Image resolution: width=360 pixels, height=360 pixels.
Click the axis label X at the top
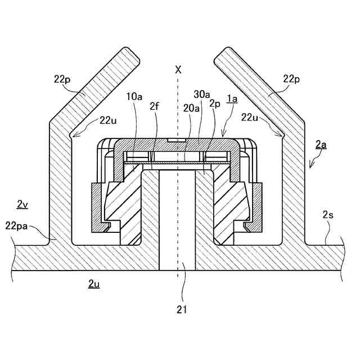178,70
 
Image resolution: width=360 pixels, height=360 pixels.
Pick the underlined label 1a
232,99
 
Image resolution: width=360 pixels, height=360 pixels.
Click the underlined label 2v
22,205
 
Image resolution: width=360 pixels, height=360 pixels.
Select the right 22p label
291,79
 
